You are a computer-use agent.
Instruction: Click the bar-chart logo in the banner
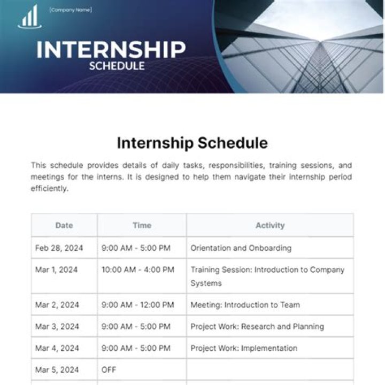[x=29, y=17]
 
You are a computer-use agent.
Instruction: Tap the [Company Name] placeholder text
[x=70, y=10]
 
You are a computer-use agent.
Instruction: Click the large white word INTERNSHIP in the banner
[x=111, y=49]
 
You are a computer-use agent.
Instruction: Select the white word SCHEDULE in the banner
[x=117, y=66]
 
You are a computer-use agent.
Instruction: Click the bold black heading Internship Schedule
[x=192, y=143]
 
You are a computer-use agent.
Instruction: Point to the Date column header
[x=64, y=226]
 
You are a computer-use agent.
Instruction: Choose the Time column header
[x=142, y=226]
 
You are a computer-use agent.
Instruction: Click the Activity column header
[x=270, y=226]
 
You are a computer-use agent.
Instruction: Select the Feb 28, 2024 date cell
[x=59, y=248]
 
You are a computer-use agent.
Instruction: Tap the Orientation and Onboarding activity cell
[x=241, y=248]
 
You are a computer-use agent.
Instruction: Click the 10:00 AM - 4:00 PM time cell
[x=138, y=270]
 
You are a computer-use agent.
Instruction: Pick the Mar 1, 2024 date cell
[x=57, y=270]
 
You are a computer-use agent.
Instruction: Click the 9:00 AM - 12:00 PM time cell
[x=138, y=305]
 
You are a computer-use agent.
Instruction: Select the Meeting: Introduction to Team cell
[x=245, y=305]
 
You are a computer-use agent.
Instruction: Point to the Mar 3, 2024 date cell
[x=57, y=326]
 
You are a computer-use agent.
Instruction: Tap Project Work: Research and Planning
[x=257, y=326]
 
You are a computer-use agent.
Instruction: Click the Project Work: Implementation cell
[x=244, y=348]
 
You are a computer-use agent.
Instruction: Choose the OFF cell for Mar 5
[x=109, y=369]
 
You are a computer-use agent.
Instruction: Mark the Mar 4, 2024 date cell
[x=57, y=348]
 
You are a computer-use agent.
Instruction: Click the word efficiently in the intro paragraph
[x=50, y=189]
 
